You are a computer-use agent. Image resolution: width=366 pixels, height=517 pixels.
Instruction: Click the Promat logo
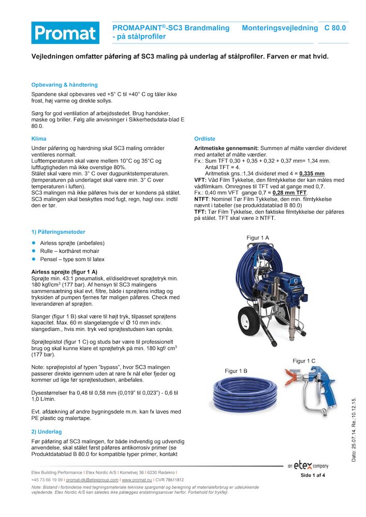[x=65, y=33]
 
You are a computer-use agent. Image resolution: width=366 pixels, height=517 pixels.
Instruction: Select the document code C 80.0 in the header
[x=335, y=28]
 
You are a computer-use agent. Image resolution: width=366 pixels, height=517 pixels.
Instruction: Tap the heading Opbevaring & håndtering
[x=64, y=85]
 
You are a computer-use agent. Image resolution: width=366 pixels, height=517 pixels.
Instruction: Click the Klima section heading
[x=39, y=139]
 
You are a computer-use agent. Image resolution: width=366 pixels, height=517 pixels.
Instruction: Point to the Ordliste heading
[x=204, y=139]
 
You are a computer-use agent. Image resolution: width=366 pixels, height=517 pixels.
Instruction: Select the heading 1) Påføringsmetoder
[x=58, y=232]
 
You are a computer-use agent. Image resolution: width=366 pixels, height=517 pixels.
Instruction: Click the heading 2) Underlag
[x=47, y=431]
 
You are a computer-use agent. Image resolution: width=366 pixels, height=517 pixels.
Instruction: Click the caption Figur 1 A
[x=257, y=237]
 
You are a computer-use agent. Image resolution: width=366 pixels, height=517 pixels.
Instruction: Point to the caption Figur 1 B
[x=236, y=371]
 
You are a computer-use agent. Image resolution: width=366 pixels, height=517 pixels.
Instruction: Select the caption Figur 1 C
[x=304, y=361]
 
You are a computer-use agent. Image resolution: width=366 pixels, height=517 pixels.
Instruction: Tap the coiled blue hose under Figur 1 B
[x=243, y=397]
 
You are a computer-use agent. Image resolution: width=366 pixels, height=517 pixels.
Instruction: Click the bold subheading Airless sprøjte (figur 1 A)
[x=65, y=271]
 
